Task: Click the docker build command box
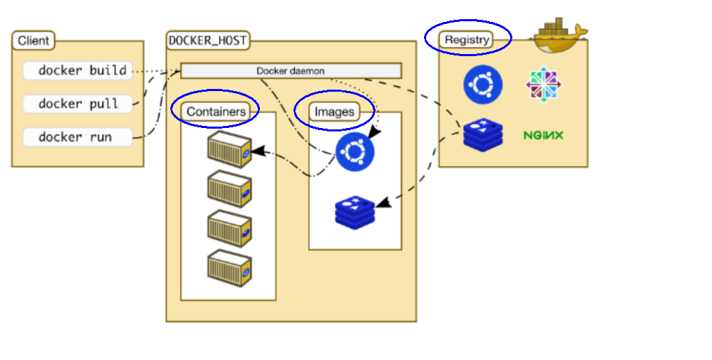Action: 78,71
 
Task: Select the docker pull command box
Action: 78,104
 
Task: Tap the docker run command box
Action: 78,138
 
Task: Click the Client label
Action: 33,40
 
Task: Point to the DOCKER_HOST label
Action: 208,40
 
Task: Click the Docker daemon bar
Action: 291,71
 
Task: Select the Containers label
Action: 215,112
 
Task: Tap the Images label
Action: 334,112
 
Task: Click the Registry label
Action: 466,40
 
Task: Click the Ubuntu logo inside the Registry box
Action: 483,85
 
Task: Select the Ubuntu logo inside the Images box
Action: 355,152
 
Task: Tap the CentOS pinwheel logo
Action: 544,85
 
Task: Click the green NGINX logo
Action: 544,135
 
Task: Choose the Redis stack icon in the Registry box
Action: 483,135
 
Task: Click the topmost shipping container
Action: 229,150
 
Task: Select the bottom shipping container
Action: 229,268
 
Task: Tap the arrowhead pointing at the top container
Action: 257,151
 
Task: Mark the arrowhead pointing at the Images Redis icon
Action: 384,203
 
